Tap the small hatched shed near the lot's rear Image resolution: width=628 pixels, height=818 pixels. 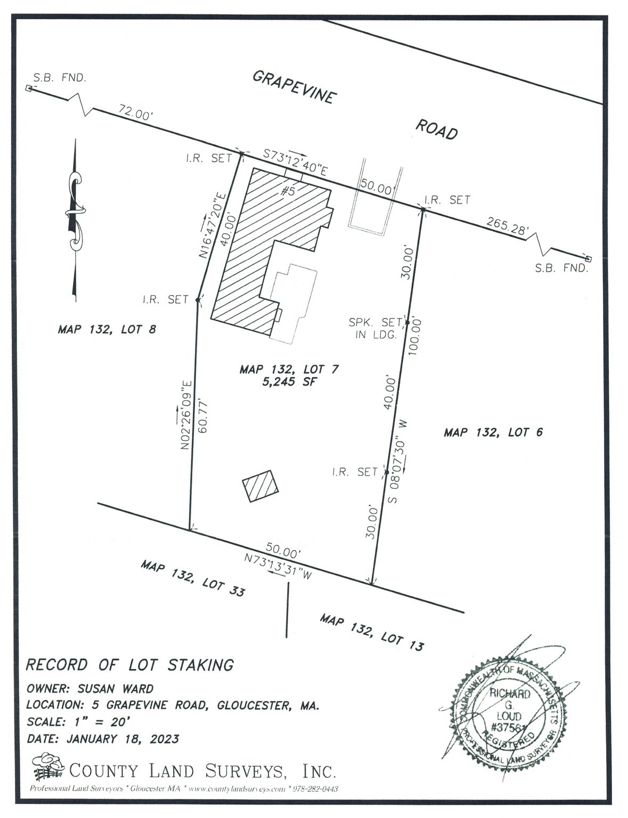click(x=260, y=485)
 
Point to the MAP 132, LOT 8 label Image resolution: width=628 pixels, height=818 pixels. click(x=107, y=330)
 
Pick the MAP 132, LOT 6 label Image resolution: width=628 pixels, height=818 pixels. click(x=493, y=432)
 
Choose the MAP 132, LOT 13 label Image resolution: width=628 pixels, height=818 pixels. click(x=372, y=632)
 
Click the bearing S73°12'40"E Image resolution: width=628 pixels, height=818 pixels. click(x=295, y=162)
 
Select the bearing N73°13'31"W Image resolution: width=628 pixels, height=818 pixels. click(x=276, y=568)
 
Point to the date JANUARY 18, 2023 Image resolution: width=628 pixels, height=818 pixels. click(x=123, y=739)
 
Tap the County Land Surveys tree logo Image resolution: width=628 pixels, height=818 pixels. click(x=47, y=766)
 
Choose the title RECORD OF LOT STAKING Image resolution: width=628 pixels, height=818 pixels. click(x=130, y=665)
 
